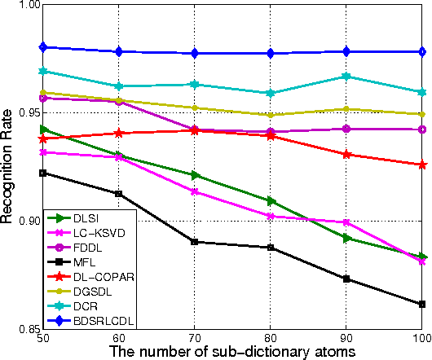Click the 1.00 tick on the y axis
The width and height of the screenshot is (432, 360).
click(x=23, y=5)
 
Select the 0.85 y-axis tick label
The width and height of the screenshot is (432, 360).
click(x=23, y=329)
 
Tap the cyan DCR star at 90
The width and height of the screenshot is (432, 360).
click(x=347, y=76)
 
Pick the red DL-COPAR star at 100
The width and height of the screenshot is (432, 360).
click(x=422, y=165)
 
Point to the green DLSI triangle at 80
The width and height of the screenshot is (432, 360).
click(x=271, y=200)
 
